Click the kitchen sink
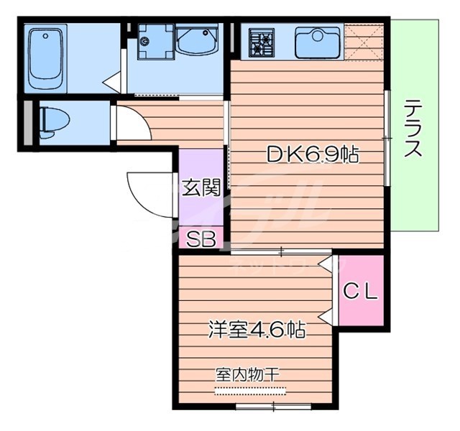317,42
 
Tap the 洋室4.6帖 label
257,330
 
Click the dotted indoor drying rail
250,391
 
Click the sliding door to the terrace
388,136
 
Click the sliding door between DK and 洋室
281,251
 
